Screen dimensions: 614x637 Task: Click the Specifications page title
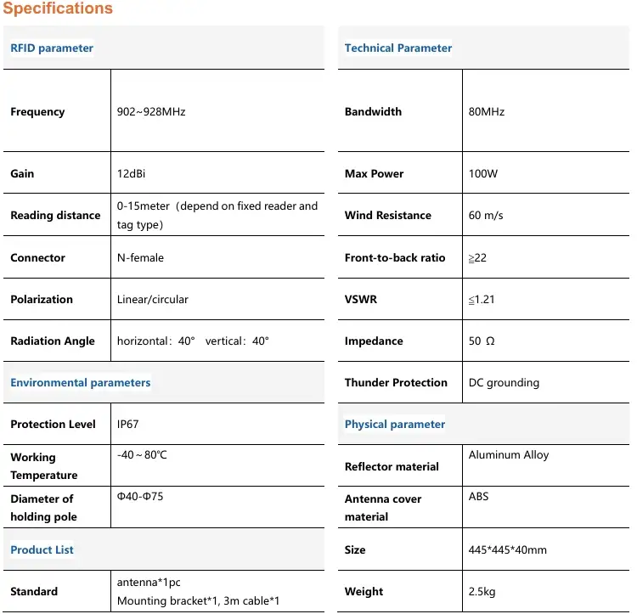58,8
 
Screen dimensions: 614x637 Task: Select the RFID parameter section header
52,48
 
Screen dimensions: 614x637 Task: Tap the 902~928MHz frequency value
151,111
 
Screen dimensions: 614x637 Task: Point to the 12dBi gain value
132,173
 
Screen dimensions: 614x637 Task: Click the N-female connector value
140,257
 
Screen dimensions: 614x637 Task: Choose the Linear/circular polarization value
153,299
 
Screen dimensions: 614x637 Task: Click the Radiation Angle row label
53,341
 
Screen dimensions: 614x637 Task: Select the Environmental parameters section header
81,382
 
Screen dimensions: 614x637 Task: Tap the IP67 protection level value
127,424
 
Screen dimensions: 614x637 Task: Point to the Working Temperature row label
44,466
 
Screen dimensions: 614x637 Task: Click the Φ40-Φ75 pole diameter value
140,496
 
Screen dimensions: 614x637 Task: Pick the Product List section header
42,549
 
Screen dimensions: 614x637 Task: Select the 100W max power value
483,173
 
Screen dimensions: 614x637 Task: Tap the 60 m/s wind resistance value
486,215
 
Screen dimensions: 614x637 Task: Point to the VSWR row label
360,299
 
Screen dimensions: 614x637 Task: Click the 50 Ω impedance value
482,341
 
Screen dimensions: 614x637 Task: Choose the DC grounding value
504,382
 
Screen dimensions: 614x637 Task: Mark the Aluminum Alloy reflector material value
509,455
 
